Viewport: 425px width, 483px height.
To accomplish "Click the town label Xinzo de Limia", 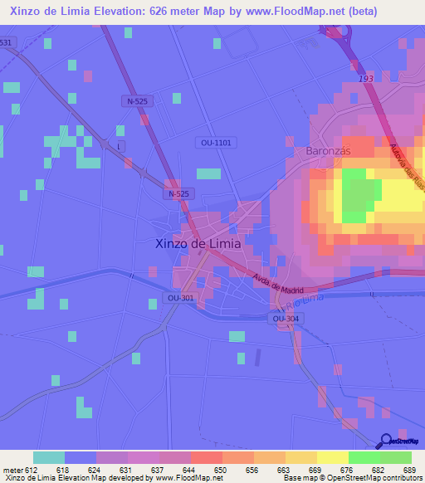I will point(198,244).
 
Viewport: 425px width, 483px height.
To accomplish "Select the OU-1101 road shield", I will point(217,143).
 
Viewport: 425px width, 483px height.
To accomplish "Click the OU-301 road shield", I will point(179,298).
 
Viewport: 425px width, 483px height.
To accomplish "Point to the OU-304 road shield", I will point(285,319).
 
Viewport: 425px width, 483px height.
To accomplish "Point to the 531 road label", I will point(7,42).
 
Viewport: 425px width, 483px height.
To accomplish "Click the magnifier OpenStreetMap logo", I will point(388,442).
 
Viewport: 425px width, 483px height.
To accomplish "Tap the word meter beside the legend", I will point(12,470).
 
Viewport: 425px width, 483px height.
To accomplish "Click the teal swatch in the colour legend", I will point(49,457).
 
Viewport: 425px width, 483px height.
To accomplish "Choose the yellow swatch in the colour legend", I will point(332,457).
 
